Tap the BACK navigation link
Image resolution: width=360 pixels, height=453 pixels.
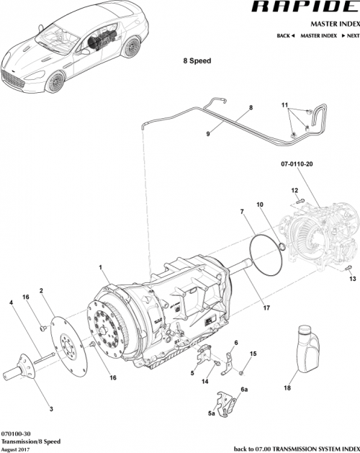[286, 35]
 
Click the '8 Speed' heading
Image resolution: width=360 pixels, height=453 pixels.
[196, 61]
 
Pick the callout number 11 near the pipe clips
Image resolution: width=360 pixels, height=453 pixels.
[284, 105]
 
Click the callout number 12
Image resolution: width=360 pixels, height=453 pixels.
[294, 190]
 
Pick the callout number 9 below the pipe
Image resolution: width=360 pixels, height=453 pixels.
[208, 134]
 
